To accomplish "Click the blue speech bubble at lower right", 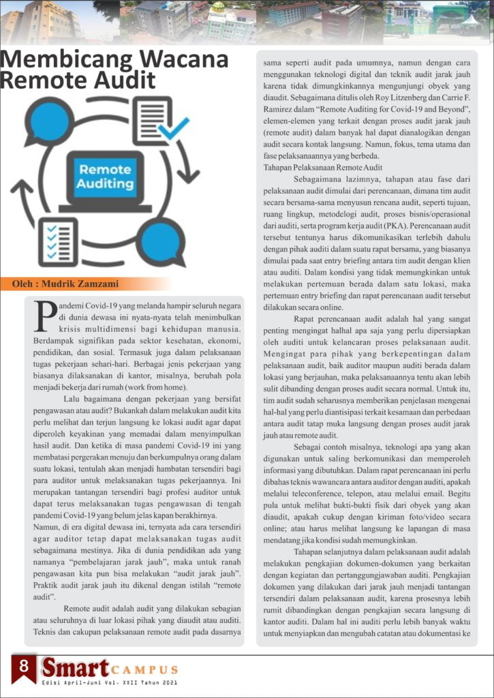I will pos(164,240).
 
